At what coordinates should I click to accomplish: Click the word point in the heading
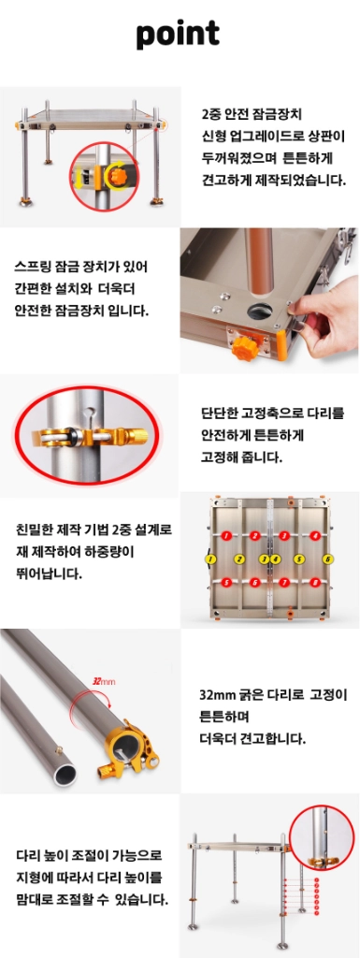pos(179,35)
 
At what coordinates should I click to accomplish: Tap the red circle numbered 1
pos(226,536)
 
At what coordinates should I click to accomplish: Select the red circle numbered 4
pos(315,536)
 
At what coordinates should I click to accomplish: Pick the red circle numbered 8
pos(315,582)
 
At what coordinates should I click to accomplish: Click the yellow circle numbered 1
pos(211,559)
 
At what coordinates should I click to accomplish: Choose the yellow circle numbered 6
pos(327,559)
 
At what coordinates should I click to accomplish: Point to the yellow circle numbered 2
pos(239,559)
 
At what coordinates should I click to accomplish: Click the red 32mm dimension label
pos(103,681)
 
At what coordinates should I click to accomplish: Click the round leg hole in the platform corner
pos(259,310)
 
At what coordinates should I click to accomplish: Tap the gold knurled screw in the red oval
pos(135,437)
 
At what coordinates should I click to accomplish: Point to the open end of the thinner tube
pos(65,772)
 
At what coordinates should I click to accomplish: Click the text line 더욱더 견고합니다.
pos(253,739)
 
